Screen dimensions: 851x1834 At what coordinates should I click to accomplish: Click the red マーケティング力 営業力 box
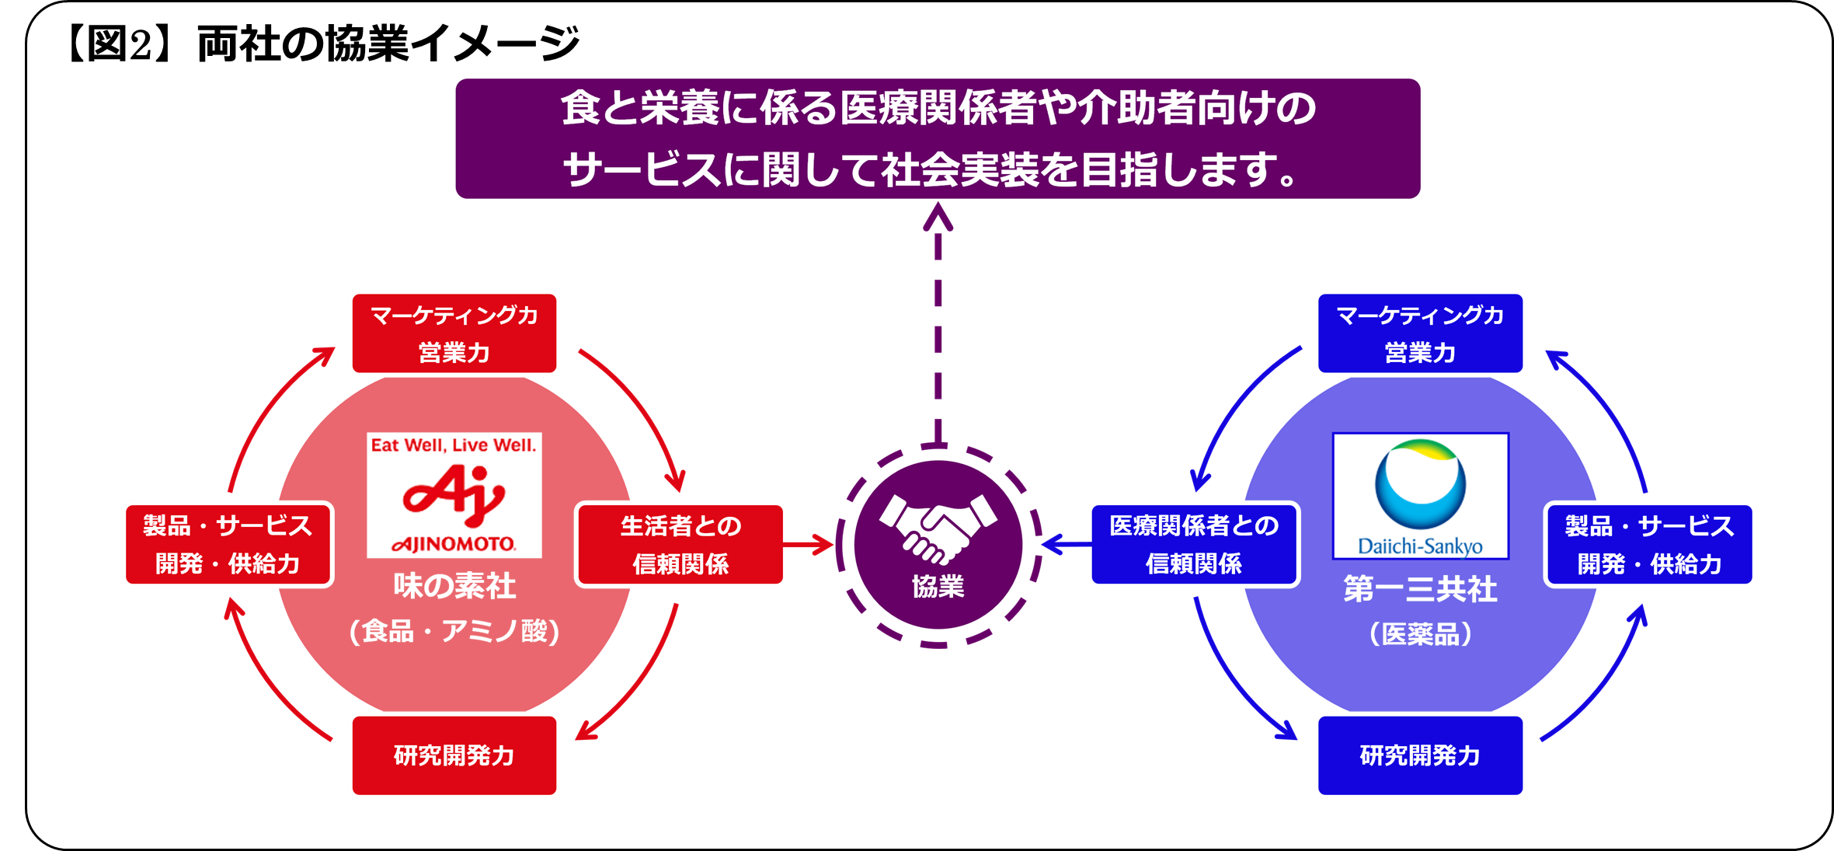coord(454,333)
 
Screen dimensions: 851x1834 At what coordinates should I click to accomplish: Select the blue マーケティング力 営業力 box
coord(1420,333)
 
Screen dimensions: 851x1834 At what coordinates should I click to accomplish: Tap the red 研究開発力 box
coord(454,755)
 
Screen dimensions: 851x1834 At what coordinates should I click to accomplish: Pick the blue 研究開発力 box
coord(1420,755)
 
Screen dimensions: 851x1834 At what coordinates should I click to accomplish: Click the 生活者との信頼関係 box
coord(680,544)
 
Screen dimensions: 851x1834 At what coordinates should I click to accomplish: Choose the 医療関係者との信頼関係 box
coord(1194,544)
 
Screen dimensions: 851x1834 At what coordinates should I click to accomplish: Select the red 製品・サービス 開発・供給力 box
coord(228,544)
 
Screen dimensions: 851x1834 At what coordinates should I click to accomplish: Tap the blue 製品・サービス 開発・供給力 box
coord(1649,544)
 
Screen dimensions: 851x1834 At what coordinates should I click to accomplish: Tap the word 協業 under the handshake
coord(938,587)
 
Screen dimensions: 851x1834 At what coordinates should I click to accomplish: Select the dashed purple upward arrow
coord(938,326)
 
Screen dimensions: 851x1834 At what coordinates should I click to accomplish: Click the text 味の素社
coord(454,586)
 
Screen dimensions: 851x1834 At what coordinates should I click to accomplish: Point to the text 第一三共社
coord(1420,589)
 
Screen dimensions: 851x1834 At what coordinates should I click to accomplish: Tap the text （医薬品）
coord(1420,634)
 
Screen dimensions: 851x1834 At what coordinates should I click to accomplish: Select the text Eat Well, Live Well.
coord(454,445)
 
